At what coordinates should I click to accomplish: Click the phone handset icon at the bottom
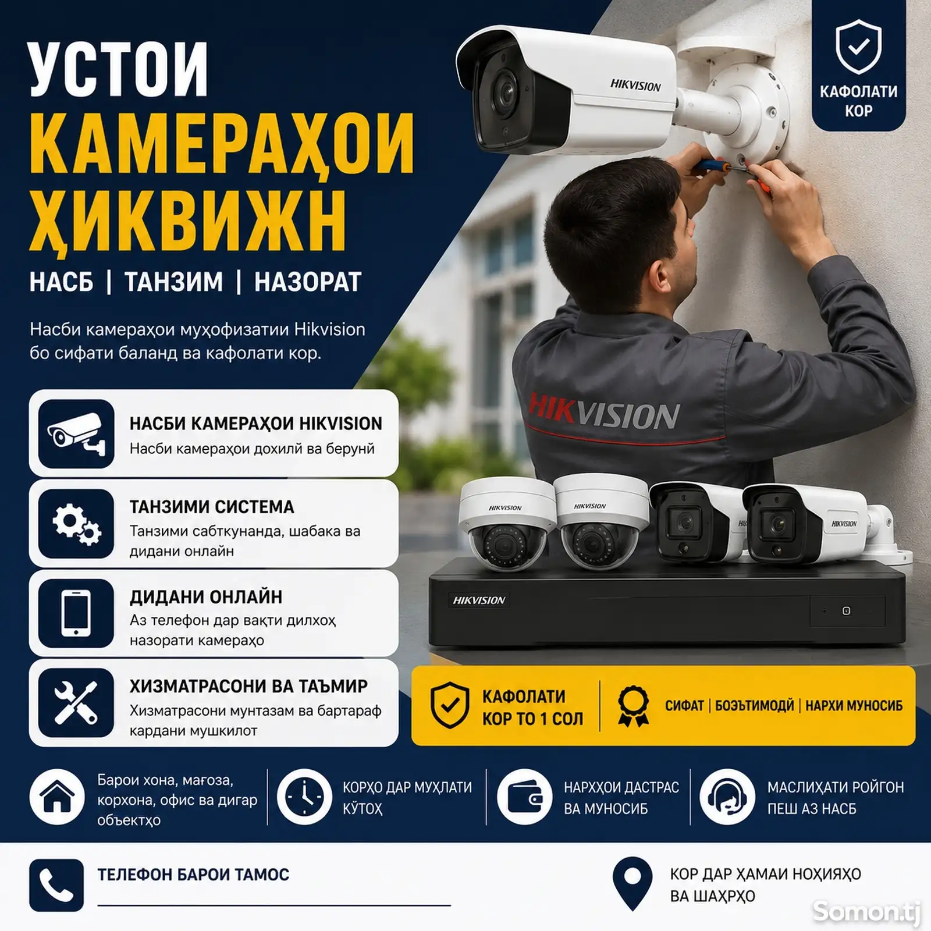point(56,885)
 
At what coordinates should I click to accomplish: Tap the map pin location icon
point(632,883)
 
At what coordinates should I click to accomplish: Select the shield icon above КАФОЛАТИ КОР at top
point(858,48)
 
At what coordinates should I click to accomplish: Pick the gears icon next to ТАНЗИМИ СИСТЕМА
point(76,524)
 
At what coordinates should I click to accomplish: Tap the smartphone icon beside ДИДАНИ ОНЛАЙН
point(76,613)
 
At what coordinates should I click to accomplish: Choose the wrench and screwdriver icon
point(76,703)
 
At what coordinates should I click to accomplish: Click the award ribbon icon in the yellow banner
point(633,706)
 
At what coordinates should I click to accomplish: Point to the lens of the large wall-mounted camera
point(501,92)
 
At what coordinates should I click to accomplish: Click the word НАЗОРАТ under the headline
point(308,282)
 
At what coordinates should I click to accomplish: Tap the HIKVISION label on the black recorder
point(479,600)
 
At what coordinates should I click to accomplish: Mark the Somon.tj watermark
point(866,911)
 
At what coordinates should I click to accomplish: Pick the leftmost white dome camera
point(504,525)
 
